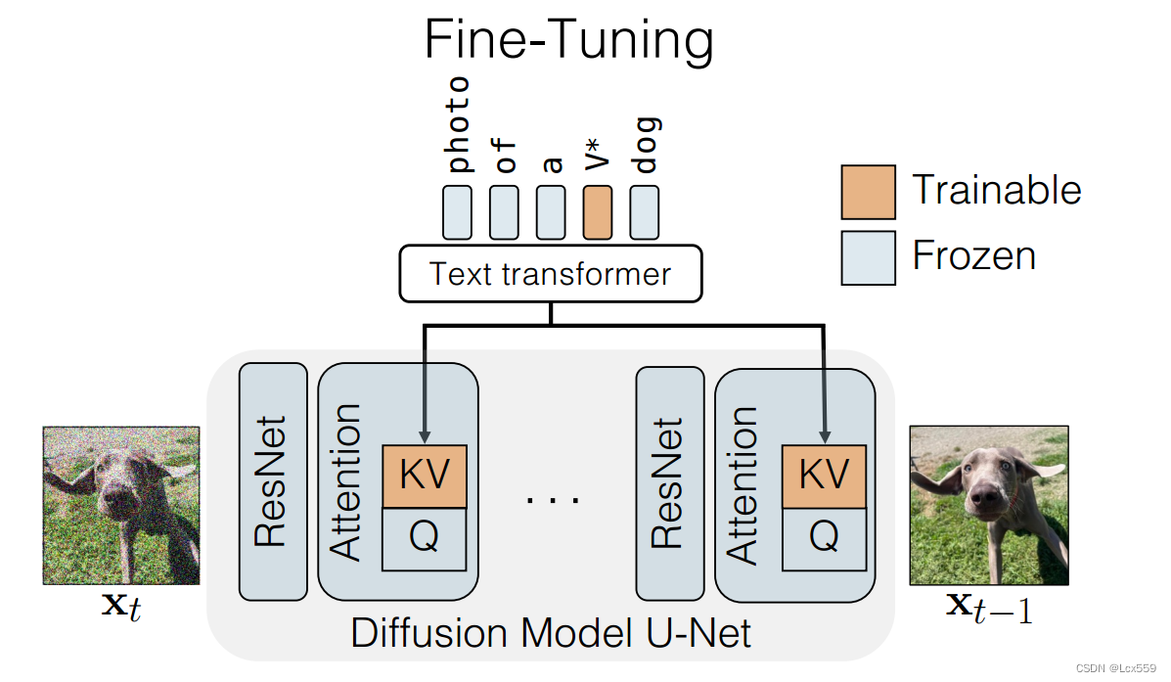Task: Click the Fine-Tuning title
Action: click(568, 41)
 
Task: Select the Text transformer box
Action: click(550, 273)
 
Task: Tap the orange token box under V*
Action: click(598, 212)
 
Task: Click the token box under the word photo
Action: click(457, 212)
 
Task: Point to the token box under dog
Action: click(644, 212)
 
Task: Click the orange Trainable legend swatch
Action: click(868, 192)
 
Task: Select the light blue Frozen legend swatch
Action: click(868, 257)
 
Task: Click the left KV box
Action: click(425, 477)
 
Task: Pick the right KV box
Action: click(824, 477)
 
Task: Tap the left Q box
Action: click(425, 539)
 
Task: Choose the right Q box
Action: click(824, 539)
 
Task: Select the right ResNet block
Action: click(668, 482)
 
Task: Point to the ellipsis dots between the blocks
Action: click(553, 499)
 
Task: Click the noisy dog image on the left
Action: click(121, 506)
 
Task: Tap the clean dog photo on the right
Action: click(988, 506)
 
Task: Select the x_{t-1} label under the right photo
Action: click(988, 608)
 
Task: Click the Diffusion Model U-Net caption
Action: click(550, 633)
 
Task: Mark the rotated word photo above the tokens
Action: click(457, 124)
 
